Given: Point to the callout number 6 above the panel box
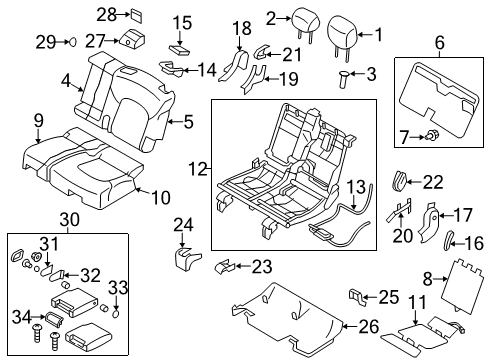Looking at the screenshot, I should coord(439,41).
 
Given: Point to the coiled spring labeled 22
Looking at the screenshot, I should coord(400,180).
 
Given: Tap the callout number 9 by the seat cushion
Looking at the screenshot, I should coord(39,121).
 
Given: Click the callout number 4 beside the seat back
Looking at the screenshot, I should coord(65,81).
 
